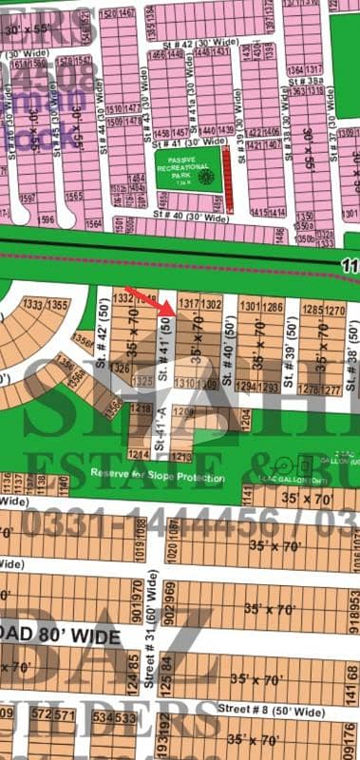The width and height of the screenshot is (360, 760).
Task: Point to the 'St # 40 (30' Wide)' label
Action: pos(191,218)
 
